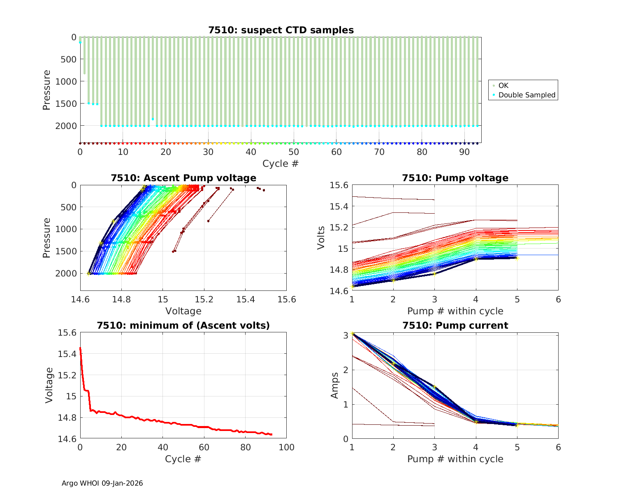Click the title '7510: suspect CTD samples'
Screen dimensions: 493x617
click(281, 30)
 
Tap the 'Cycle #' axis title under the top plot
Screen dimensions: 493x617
click(281, 164)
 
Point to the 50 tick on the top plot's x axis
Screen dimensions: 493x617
click(294, 152)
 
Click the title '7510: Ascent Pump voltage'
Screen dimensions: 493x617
click(183, 178)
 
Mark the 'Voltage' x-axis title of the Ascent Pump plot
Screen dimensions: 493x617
click(183, 311)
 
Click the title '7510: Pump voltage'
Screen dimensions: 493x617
click(455, 178)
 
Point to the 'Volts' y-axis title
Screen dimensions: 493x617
click(321, 238)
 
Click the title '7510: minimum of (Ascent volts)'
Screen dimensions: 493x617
click(183, 325)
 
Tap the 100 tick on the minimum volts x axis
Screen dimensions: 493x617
click(287, 447)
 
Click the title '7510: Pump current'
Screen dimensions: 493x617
click(455, 325)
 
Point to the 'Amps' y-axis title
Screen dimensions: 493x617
click(335, 385)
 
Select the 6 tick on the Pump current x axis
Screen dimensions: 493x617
click(558, 447)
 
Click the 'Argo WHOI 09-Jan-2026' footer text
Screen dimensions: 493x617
click(102, 483)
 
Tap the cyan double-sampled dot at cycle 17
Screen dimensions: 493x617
click(153, 119)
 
